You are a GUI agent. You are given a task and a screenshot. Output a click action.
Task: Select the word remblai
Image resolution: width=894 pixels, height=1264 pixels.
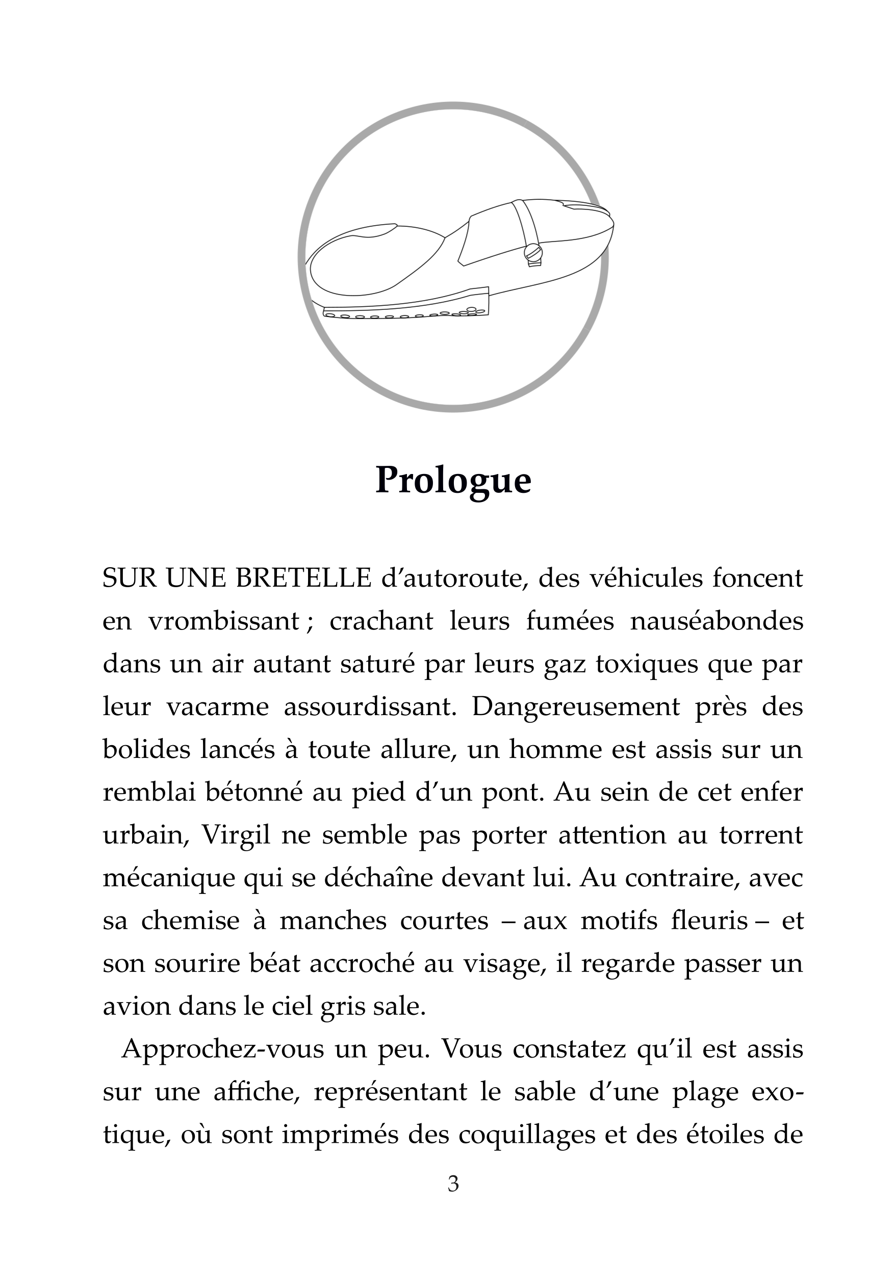(149, 793)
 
